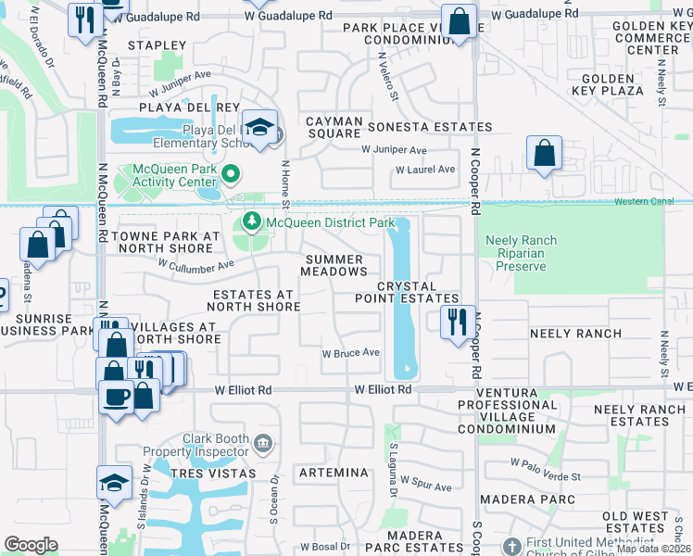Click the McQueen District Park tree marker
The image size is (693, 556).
[x=250, y=222]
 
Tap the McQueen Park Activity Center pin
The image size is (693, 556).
[x=231, y=173]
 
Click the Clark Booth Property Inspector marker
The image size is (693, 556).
[x=265, y=444]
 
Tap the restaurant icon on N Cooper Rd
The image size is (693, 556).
[x=456, y=322]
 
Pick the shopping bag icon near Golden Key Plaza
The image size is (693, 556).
[x=544, y=152]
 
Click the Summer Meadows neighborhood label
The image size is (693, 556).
[x=335, y=265]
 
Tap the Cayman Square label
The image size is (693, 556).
[x=333, y=127]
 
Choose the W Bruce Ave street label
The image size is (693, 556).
[x=351, y=353]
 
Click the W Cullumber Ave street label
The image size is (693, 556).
[x=196, y=265]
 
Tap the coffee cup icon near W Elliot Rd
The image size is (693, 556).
[x=116, y=397]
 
